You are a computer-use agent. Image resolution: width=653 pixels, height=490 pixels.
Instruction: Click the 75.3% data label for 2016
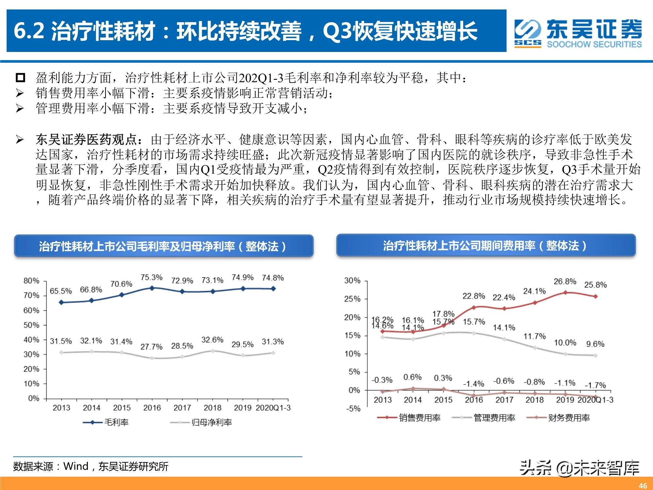[x=151, y=277]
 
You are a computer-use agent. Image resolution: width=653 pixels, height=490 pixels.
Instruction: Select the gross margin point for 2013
[x=61, y=302]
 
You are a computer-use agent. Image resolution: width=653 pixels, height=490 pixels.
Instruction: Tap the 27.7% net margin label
[x=151, y=347]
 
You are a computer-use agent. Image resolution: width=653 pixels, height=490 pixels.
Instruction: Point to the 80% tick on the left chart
[x=31, y=281]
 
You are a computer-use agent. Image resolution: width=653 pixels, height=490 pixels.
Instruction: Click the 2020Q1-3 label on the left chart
[x=273, y=408]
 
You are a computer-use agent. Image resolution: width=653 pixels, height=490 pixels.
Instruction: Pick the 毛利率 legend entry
[x=106, y=422]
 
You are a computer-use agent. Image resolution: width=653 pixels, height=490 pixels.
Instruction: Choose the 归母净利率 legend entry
[x=201, y=422]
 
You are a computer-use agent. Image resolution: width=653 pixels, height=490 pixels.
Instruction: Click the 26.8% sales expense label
[x=565, y=281]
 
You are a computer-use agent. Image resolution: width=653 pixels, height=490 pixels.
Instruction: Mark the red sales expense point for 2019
[x=565, y=293]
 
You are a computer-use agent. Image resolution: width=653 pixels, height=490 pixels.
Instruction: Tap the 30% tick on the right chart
[x=352, y=281]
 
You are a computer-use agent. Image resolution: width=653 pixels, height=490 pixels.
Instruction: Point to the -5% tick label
[x=353, y=409]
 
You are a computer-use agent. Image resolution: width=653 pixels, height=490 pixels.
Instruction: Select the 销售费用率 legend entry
[x=409, y=417]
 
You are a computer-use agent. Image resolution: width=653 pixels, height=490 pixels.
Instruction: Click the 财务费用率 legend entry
[x=558, y=417]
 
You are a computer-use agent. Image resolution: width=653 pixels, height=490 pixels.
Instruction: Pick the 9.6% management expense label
[x=595, y=344]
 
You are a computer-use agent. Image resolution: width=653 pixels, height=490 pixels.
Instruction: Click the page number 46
[x=643, y=486]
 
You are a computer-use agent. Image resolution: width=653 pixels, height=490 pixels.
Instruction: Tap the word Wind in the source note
[x=76, y=466]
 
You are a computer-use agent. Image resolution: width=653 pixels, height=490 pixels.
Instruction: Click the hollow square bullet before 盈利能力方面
[x=20, y=78]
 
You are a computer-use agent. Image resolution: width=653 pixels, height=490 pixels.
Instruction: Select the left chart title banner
[x=164, y=246]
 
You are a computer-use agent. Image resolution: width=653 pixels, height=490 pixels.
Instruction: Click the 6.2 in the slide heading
[x=29, y=31]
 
